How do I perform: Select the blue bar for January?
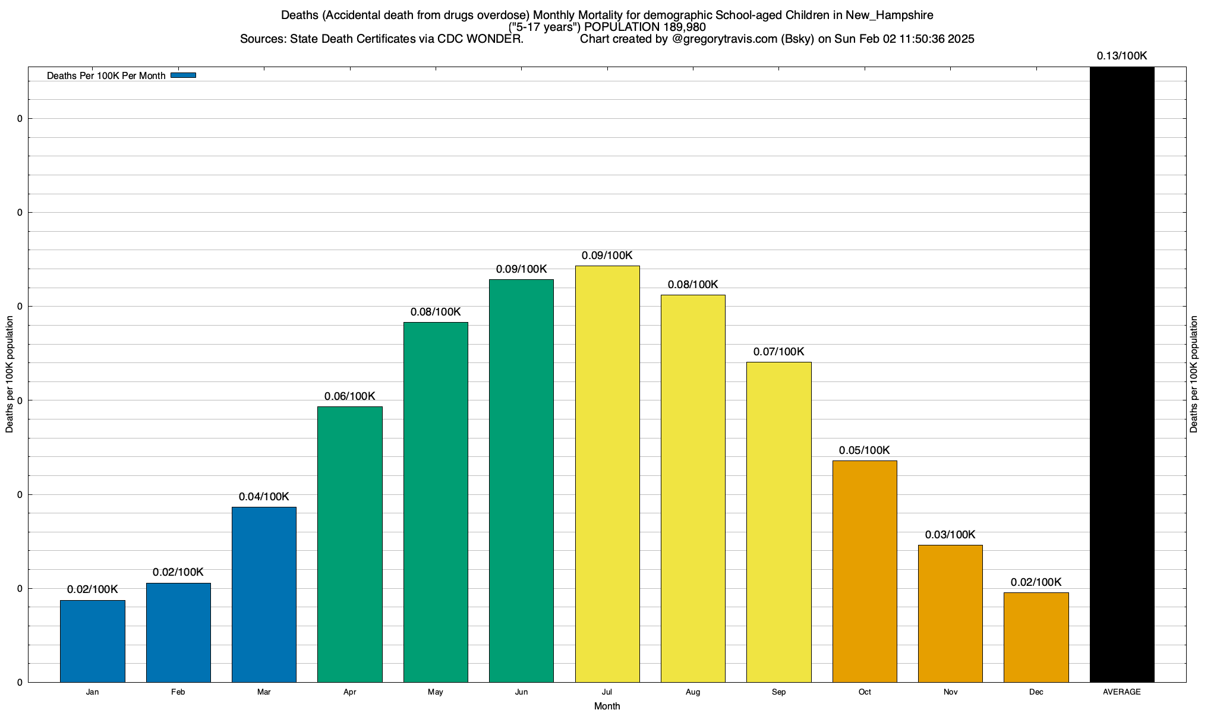(93, 641)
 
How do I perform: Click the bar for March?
(264, 594)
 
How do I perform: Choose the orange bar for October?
(865, 571)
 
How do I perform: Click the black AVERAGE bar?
(1122, 374)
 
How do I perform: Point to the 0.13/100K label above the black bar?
(1122, 56)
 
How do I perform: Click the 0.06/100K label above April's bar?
(350, 396)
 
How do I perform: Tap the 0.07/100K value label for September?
(778, 352)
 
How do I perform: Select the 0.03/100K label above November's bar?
(950, 535)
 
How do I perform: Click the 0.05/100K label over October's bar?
(865, 450)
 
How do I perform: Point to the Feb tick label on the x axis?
(178, 692)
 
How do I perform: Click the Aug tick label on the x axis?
(693, 692)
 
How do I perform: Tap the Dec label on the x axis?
(1036, 692)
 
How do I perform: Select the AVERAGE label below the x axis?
(1122, 692)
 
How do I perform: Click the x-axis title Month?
(607, 706)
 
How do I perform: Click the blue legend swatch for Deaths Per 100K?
(183, 75)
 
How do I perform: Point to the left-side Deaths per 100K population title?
(10, 374)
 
